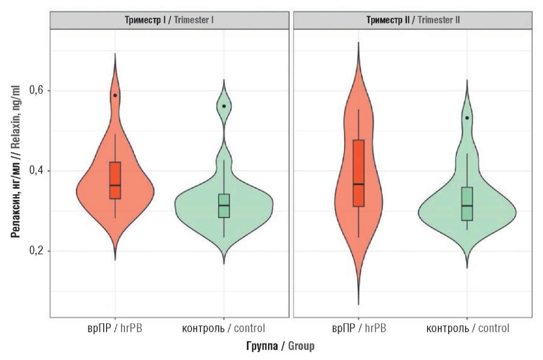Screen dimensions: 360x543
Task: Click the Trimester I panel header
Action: pyautogui.click(x=169, y=20)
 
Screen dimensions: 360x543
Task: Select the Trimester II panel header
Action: pyautogui.click(x=413, y=20)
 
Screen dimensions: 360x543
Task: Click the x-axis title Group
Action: pyautogui.click(x=280, y=346)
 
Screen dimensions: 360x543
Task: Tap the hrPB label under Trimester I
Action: pyautogui.click(x=115, y=328)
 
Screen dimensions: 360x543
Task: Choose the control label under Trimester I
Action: pyautogui.click(x=224, y=328)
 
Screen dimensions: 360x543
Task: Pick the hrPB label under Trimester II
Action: pyautogui.click(x=358, y=328)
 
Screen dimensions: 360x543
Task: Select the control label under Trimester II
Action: pyautogui.click(x=467, y=328)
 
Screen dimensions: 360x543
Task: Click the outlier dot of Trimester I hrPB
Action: pyautogui.click(x=115, y=95)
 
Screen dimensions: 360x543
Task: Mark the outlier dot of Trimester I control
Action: pyautogui.click(x=224, y=106)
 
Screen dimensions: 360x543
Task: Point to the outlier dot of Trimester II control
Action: pyautogui.click(x=467, y=118)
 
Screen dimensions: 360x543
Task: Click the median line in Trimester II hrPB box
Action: pyautogui.click(x=358, y=184)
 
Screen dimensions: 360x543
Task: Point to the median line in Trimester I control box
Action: pyautogui.click(x=224, y=205)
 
